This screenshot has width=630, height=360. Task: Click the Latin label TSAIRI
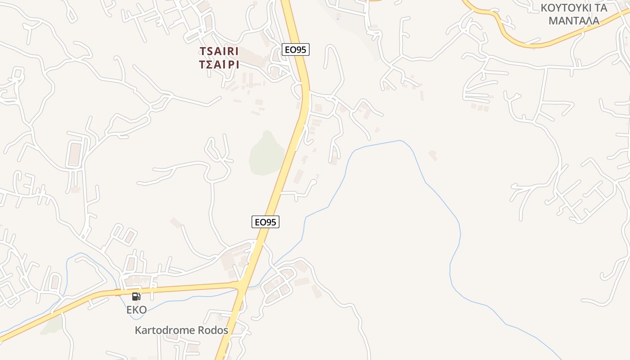click(x=219, y=51)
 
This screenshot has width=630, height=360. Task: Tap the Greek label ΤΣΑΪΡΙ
click(x=219, y=64)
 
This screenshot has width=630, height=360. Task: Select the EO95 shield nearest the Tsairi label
click(x=296, y=49)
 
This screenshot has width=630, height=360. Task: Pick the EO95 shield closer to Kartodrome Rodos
click(x=265, y=222)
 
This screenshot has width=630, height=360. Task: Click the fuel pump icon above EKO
click(x=136, y=296)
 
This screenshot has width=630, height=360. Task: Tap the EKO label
click(x=136, y=310)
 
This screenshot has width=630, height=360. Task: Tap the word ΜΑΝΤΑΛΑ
click(x=573, y=21)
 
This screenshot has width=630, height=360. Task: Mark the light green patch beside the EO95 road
click(x=266, y=153)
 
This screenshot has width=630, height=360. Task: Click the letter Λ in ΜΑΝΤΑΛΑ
click(x=588, y=21)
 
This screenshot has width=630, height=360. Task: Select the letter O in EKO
click(x=143, y=310)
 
